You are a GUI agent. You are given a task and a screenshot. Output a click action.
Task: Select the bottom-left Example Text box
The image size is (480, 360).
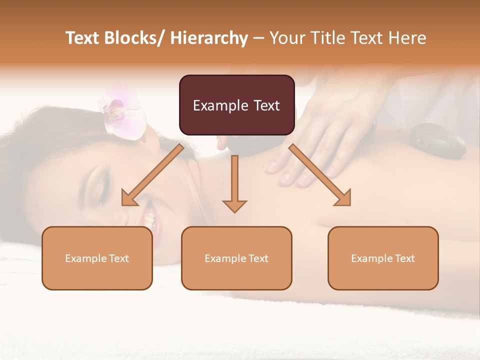97,258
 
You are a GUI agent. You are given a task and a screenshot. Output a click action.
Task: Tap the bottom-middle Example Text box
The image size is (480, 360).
236,258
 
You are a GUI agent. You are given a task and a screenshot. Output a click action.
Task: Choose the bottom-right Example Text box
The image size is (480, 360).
383,258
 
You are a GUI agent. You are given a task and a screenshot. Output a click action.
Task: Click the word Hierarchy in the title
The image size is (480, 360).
208,38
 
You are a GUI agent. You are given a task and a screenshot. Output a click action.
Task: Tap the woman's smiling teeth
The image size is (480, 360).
149,216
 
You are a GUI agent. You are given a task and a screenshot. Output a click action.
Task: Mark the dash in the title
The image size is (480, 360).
258,38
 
